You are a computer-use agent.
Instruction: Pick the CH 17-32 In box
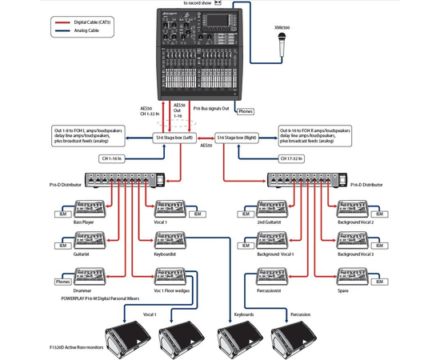coord(295,158)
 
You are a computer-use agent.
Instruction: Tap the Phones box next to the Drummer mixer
coord(62,281)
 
